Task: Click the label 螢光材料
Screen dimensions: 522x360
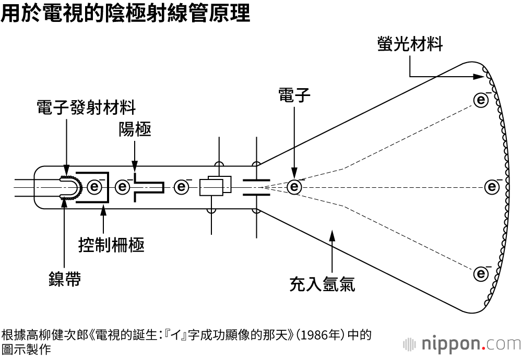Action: point(410,44)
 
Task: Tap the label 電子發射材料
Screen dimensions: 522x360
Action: point(86,107)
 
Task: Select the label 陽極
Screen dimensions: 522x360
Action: point(135,129)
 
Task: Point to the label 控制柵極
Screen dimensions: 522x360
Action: point(112,245)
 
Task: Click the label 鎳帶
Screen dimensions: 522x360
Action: point(65,279)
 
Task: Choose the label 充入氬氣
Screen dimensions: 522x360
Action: point(322,284)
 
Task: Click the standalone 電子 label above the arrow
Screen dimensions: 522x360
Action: point(294,94)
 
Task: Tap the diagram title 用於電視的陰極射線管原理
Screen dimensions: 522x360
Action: point(125,14)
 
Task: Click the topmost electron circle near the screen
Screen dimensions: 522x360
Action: point(481,100)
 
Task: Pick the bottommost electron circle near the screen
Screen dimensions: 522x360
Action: point(481,274)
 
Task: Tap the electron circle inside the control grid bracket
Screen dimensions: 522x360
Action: point(95,187)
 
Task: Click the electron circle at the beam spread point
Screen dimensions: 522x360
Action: point(294,187)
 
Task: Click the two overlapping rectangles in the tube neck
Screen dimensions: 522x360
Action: point(216,186)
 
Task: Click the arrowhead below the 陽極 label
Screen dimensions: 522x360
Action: point(135,166)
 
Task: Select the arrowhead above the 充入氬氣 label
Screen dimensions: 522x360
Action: point(332,235)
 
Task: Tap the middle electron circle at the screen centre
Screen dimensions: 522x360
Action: point(492,187)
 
